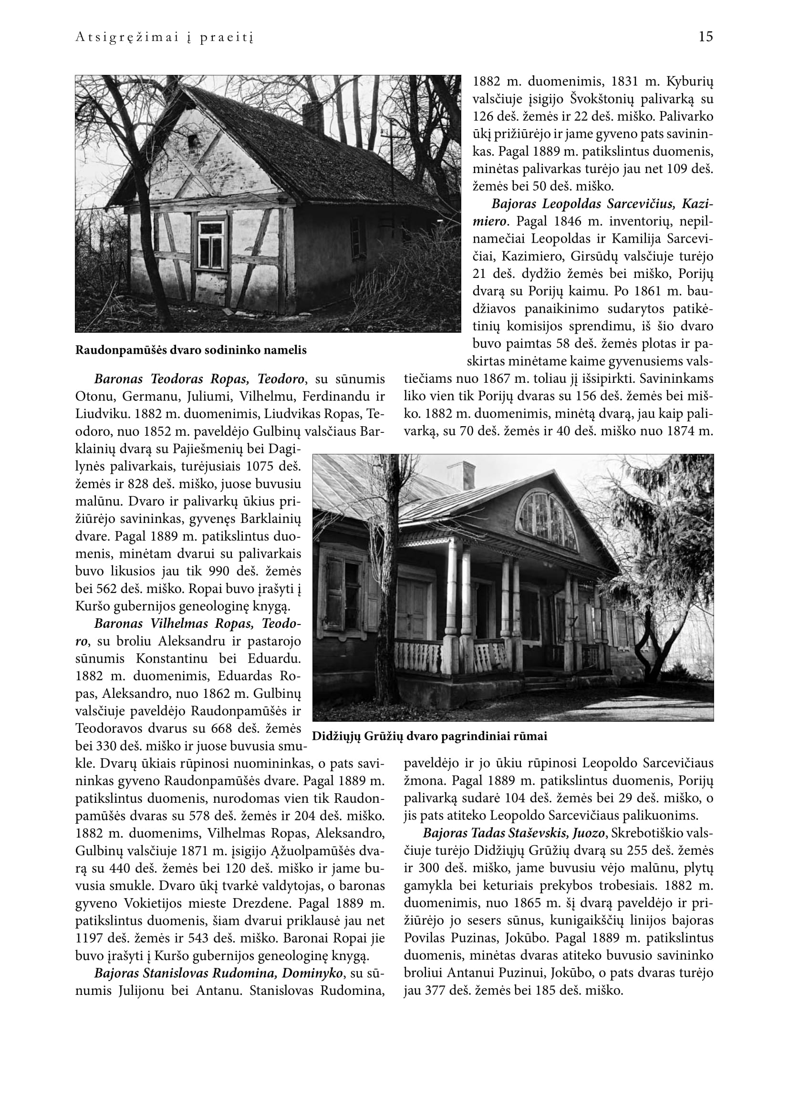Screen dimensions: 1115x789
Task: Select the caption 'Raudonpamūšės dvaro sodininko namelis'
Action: point(191,350)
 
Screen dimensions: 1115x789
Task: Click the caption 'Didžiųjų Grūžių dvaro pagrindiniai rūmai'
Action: point(429,736)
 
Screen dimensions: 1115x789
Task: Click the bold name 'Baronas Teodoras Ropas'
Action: point(173,379)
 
